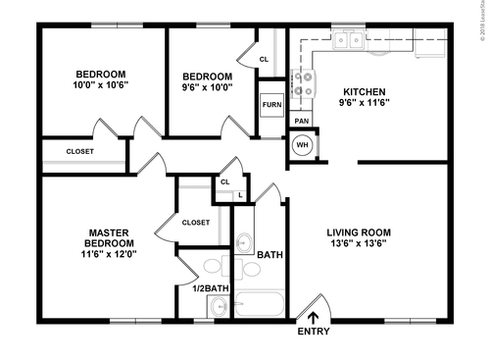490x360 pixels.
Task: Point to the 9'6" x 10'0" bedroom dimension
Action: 208,88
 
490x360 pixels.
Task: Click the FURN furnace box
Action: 270,104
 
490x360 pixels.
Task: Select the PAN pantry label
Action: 302,121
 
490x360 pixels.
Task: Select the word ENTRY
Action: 314,332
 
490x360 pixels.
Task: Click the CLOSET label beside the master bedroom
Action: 196,223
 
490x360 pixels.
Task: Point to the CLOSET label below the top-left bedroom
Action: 80,151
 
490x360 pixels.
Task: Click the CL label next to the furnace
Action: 264,60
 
